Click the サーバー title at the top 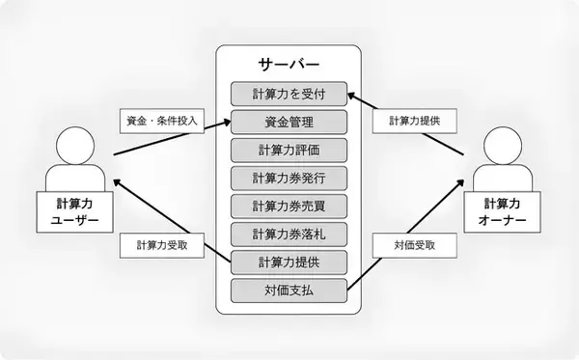click(289, 65)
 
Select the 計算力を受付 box click(289, 95)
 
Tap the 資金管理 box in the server click(289, 123)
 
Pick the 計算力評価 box click(289, 151)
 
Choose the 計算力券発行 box click(289, 179)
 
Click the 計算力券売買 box click(289, 207)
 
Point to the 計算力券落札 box click(289, 235)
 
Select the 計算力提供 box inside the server click(289, 263)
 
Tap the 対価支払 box click(289, 290)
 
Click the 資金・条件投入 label click(163, 123)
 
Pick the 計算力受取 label click(163, 245)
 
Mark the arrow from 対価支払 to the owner click(405, 232)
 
